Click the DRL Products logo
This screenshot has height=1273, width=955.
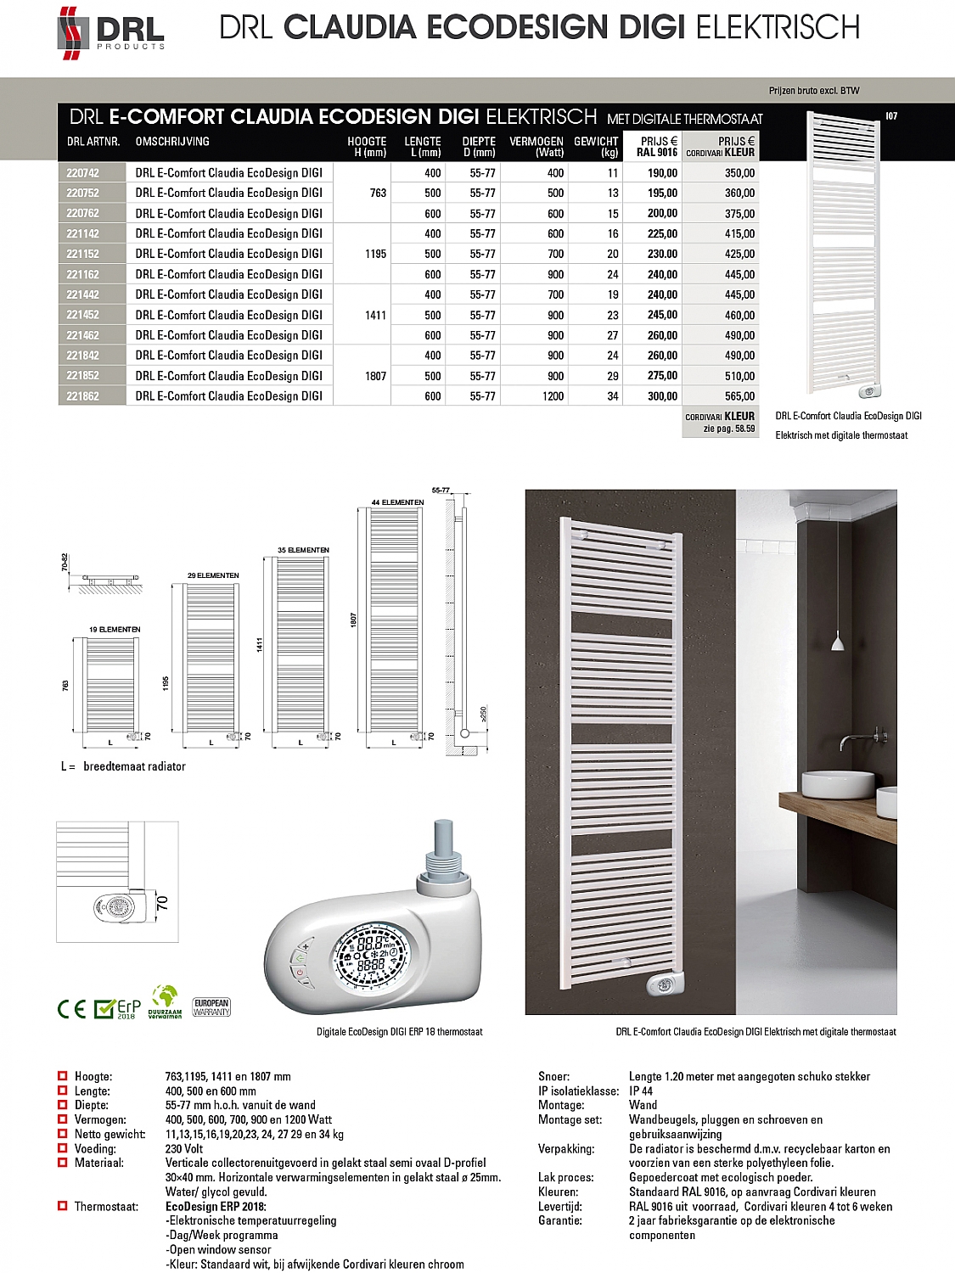tap(110, 32)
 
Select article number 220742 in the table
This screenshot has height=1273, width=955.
tap(83, 173)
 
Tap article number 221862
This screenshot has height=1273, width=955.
tap(83, 396)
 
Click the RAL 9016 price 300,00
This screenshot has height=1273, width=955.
tap(662, 396)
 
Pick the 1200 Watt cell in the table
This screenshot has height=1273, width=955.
tap(553, 396)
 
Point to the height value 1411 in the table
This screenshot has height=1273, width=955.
tap(375, 316)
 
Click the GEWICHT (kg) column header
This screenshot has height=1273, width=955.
tap(596, 147)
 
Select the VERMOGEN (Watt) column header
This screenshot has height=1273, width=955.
tap(536, 147)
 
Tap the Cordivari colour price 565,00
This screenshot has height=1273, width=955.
tap(739, 396)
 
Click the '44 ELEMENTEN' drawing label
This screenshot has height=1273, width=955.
tap(397, 502)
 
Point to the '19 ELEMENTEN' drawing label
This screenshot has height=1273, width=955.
tap(115, 630)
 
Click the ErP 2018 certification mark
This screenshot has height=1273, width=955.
tap(116, 1008)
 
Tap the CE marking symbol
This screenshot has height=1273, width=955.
tap(71, 1009)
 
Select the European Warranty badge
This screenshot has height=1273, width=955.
tap(211, 1007)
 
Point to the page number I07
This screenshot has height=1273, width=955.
tap(891, 116)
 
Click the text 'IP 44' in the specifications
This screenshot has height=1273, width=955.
tap(641, 1091)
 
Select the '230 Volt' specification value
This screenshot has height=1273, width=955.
tap(184, 1149)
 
